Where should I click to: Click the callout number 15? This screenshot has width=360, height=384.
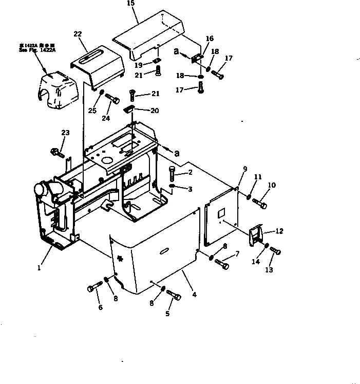[x=130, y=4]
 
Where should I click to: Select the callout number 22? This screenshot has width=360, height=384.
[x=78, y=34]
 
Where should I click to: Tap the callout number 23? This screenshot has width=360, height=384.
[x=65, y=133]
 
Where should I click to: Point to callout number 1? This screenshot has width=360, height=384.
[x=39, y=268]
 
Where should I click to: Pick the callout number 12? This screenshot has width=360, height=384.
[x=279, y=231]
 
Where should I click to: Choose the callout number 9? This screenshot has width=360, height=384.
[x=244, y=169]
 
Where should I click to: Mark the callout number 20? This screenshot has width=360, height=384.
[x=155, y=111]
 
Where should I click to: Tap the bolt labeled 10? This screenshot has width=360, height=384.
[x=260, y=204]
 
